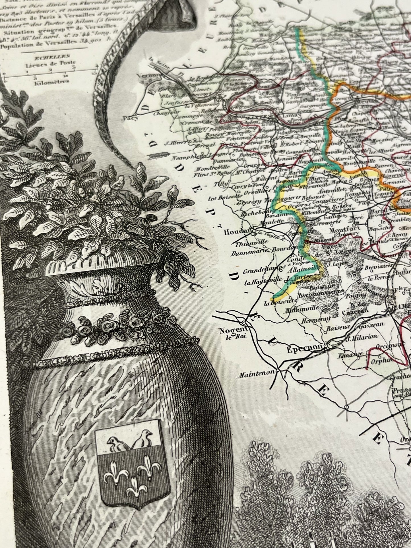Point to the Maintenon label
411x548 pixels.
[x=255, y=372]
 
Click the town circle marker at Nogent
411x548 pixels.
[x=244, y=323]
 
